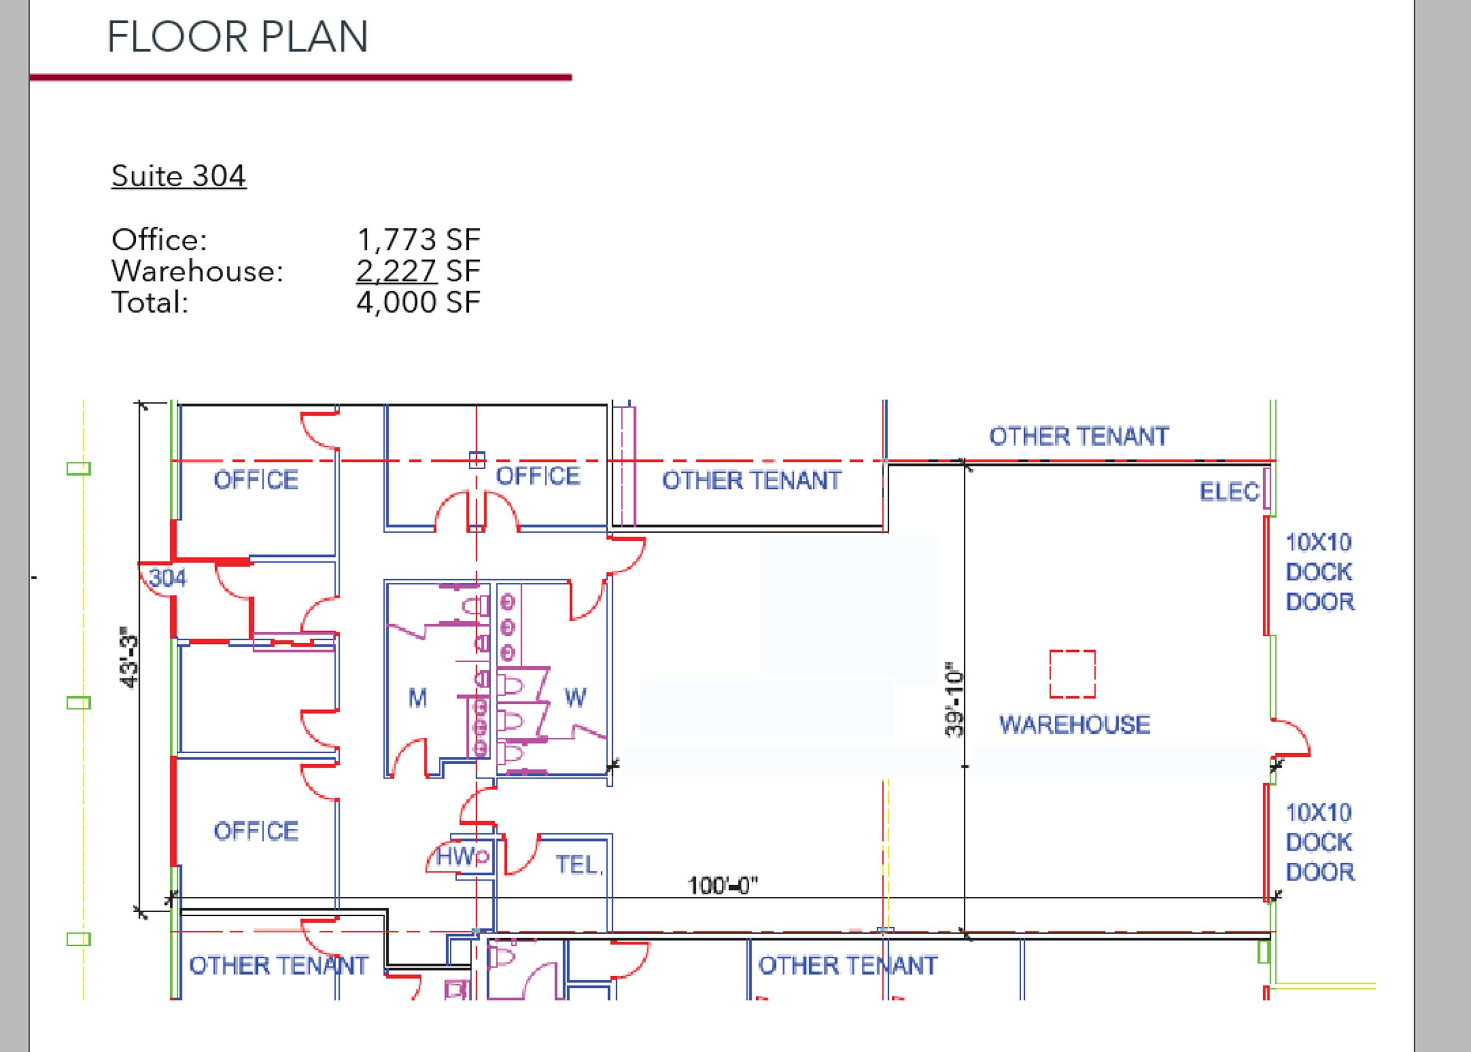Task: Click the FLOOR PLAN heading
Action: pos(238,37)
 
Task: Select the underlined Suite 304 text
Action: pos(179,176)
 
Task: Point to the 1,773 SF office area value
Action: pos(418,240)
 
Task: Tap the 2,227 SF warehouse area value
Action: pos(418,271)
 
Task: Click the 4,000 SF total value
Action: pos(418,302)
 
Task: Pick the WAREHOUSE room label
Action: pos(1075,724)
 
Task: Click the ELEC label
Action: pos(1230,492)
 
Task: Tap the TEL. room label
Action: pos(578,865)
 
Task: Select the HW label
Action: pos(456,856)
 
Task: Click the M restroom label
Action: pos(418,697)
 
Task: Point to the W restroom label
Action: pos(575,697)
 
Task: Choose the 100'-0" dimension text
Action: pos(722,885)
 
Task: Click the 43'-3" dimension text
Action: pos(129,657)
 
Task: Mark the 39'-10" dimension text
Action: pos(955,700)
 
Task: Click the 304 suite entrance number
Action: pos(168,577)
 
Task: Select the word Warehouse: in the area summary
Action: pos(198,271)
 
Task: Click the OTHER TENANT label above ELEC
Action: pos(1079,437)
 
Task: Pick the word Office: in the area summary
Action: pos(159,240)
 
